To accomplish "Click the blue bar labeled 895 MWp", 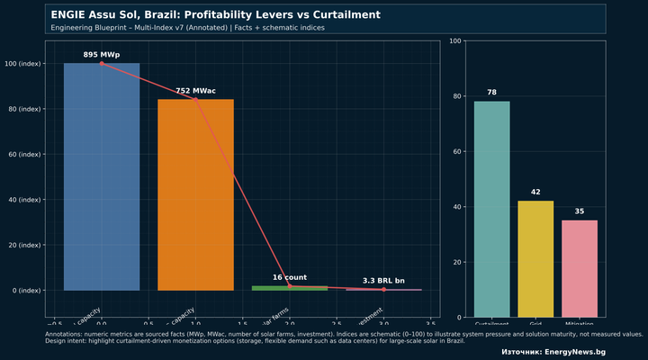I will [x=102, y=176].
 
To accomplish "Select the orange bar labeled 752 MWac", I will [x=195, y=194].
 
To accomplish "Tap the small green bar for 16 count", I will [x=289, y=288].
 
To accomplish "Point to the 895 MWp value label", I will [x=102, y=55].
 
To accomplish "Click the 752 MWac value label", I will [x=195, y=91].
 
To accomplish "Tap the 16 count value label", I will [x=290, y=277].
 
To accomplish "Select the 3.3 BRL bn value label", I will [x=383, y=281].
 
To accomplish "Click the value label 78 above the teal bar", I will [x=491, y=93].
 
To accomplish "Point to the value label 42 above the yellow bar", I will [x=535, y=193].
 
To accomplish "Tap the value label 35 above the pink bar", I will [x=580, y=211].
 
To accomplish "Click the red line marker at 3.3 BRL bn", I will [x=383, y=290].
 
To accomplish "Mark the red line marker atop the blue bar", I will [x=102, y=64].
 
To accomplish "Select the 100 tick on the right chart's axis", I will [x=457, y=41].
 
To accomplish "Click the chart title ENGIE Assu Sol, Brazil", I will [x=215, y=15].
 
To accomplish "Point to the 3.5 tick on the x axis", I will [x=430, y=322].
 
